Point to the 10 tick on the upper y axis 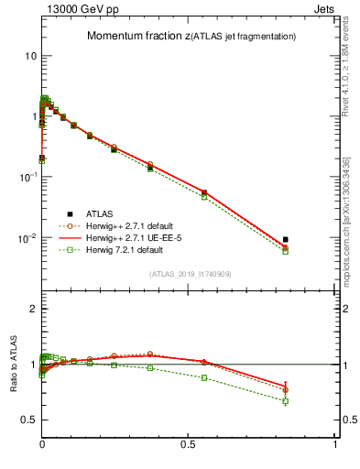click(x=30, y=56)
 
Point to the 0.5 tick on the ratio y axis click(x=29, y=420)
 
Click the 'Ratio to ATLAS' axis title click(x=14, y=364)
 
